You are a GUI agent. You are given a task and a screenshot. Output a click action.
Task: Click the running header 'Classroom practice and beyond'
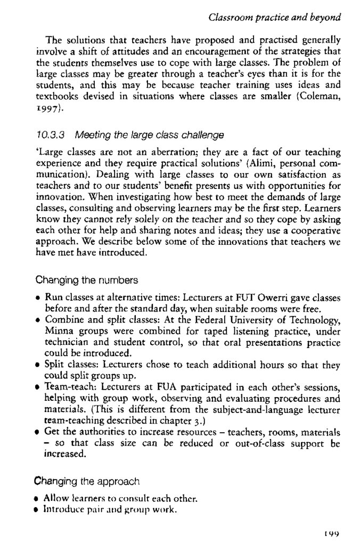coord(274,18)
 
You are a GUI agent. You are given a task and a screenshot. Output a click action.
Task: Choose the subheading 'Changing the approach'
coord(87,482)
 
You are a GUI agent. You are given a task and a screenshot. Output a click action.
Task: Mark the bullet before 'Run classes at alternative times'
coord(38,298)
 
